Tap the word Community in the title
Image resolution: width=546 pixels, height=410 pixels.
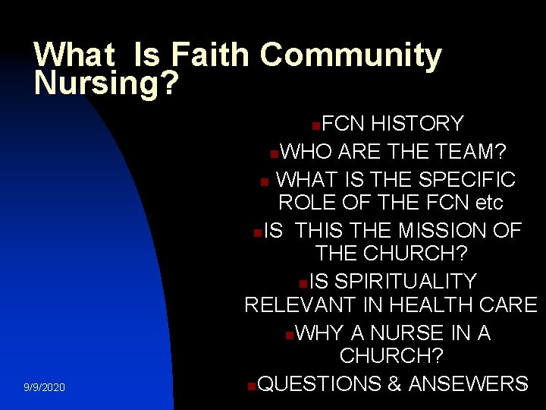coord(350,56)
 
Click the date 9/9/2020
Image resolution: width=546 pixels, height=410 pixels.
coord(44,388)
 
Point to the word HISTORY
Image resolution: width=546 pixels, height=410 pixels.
coord(418,124)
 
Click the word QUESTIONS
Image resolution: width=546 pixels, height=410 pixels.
coord(319,383)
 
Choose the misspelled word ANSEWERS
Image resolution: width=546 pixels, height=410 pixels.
coord(468,383)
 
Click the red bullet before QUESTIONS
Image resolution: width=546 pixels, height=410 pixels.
coord(251,385)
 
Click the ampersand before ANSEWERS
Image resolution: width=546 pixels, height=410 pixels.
coord(394,383)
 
